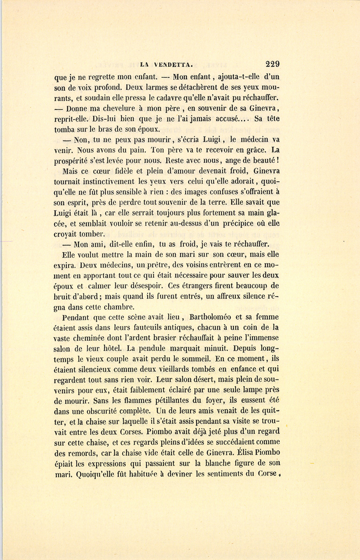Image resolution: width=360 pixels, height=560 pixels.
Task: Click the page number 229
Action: pos(272,63)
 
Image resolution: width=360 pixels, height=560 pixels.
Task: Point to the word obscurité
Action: pos(102,411)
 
